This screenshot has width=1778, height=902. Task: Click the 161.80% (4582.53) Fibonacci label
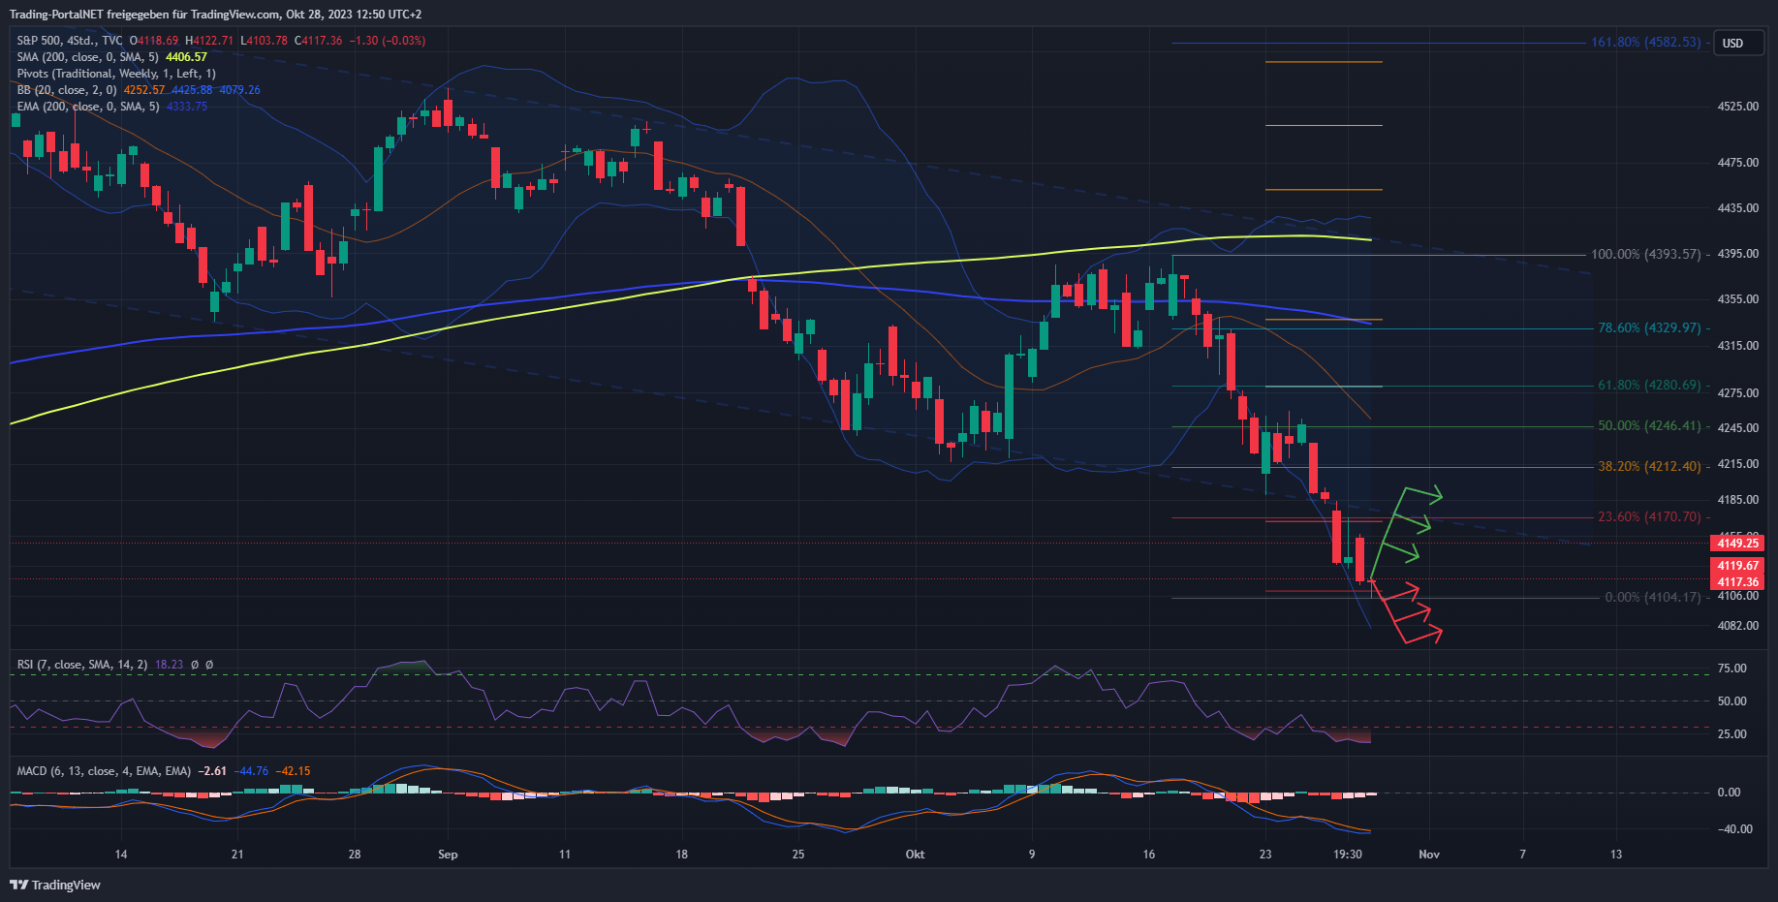[x=1645, y=43]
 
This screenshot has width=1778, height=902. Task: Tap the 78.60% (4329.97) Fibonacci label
[x=1649, y=328]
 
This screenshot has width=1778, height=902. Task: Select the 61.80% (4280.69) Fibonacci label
[x=1649, y=386]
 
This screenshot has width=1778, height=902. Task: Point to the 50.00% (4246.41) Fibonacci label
[x=1649, y=426]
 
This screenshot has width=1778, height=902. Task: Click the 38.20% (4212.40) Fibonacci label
[x=1649, y=467]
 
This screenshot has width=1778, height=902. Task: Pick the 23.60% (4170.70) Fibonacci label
[x=1649, y=517]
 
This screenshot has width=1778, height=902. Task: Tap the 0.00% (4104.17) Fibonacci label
[x=1652, y=598]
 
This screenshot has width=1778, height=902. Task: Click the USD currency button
[x=1732, y=44]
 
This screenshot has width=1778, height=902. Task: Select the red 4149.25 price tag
[x=1737, y=544]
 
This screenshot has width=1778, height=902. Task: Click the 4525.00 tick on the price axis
[x=1737, y=107]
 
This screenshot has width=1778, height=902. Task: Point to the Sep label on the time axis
[x=448, y=855]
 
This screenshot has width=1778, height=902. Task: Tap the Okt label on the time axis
[x=915, y=855]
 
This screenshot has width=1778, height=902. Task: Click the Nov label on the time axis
[x=1429, y=855]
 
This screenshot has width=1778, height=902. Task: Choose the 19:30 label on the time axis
[x=1348, y=855]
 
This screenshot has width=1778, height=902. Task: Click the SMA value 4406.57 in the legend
[x=186, y=57]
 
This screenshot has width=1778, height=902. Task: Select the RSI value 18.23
[x=169, y=665]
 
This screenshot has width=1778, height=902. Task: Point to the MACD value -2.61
[x=212, y=771]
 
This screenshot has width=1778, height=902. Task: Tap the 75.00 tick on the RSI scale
[x=1731, y=669]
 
